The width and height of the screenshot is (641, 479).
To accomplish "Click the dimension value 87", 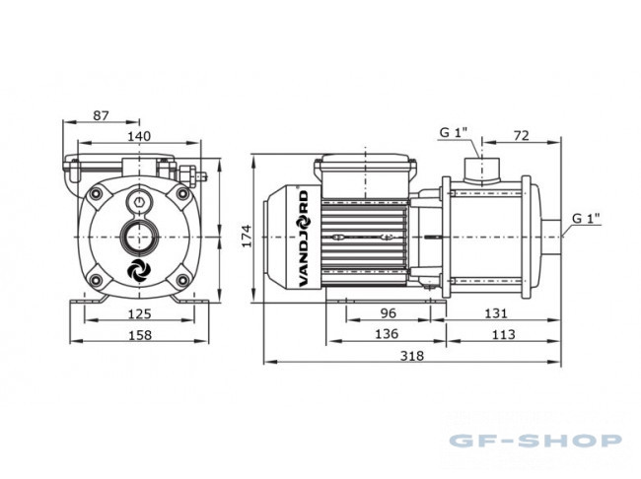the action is click(101, 115).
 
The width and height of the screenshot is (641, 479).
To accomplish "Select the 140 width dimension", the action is click(139, 136).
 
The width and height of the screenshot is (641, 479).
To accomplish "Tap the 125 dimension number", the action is click(139, 313).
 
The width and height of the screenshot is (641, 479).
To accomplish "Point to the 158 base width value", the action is click(140, 335).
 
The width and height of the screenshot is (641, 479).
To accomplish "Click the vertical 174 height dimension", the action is click(247, 236).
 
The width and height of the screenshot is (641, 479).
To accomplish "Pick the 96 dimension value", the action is click(388, 313).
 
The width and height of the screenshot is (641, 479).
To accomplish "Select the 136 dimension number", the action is click(387, 334).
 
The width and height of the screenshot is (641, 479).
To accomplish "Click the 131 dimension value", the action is click(495, 313).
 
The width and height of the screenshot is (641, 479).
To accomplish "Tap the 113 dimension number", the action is click(503, 335).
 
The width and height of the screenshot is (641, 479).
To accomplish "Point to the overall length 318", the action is click(411, 356).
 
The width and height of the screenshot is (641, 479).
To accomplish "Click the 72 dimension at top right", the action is click(522, 135).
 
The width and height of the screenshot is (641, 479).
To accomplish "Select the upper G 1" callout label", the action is click(453, 132).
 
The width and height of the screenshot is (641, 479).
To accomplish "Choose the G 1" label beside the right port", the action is click(586, 218).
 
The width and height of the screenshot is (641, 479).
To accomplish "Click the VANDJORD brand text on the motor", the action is click(304, 239).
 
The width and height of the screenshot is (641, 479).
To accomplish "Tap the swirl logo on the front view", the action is click(139, 270).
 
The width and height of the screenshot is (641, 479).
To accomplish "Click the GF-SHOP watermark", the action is click(535, 441).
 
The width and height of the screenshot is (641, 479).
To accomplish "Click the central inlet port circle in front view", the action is click(139, 237).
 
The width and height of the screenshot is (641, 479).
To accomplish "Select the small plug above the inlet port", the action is click(139, 201).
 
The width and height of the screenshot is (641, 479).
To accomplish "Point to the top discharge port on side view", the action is click(481, 170).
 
